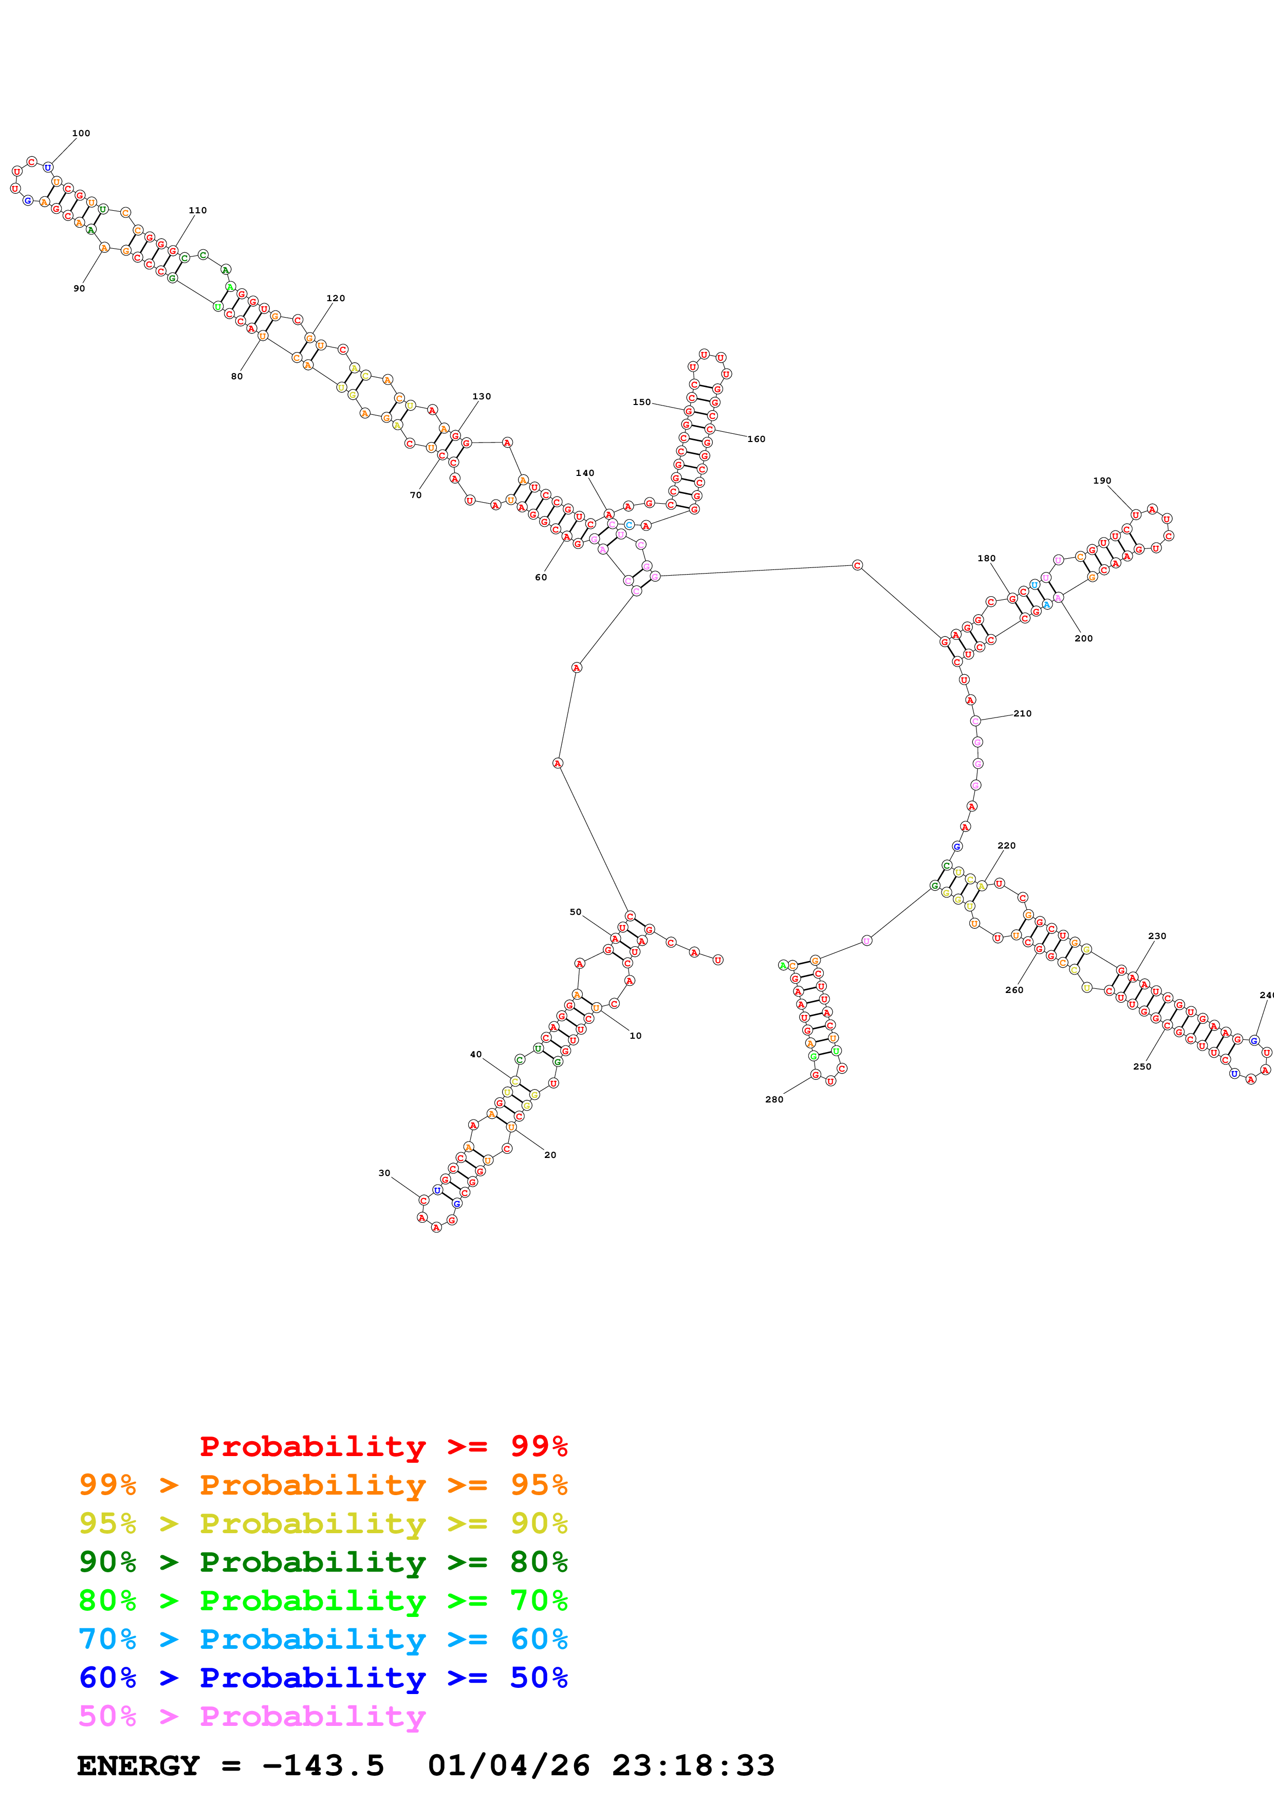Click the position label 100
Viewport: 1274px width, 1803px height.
[81, 134]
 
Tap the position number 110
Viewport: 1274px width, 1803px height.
[198, 210]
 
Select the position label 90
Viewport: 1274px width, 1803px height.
[79, 288]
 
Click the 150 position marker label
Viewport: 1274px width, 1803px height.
[641, 402]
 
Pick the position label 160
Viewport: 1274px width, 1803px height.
[756, 439]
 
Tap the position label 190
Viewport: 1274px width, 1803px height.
[1102, 481]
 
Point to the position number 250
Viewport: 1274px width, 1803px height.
[1142, 1066]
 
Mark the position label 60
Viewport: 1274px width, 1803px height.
[541, 577]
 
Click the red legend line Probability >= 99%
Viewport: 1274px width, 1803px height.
[383, 1446]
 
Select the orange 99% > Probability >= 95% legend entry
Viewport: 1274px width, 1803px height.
[323, 1484]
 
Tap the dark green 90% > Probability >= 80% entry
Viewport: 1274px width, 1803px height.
[323, 1562]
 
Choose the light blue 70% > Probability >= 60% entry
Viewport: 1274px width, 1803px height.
[323, 1639]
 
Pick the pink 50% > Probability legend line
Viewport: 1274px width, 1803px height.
[252, 1716]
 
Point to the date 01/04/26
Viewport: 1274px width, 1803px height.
[509, 1766]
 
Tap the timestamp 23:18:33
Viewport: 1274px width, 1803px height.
[693, 1766]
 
